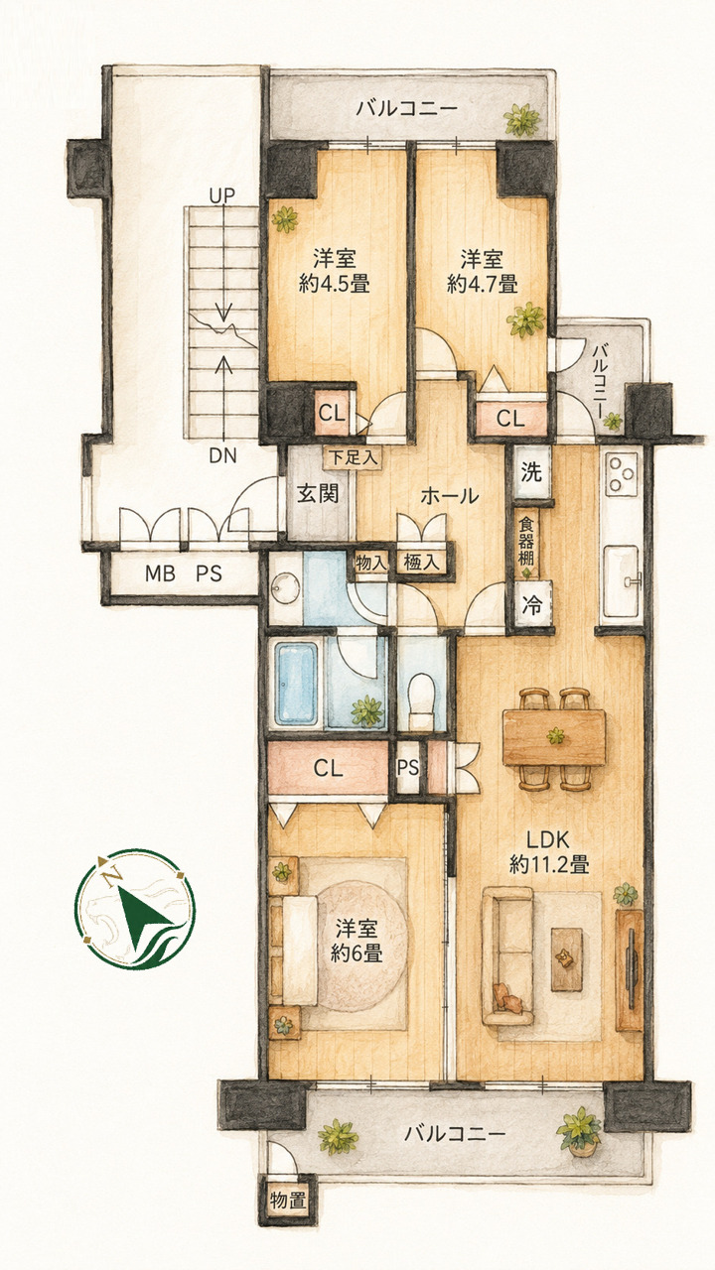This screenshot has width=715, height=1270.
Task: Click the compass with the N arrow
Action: (x=135, y=909)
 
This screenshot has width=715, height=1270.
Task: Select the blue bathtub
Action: (x=296, y=684)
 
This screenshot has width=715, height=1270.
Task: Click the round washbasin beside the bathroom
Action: (x=285, y=589)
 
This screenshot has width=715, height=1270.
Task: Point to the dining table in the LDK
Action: (x=554, y=737)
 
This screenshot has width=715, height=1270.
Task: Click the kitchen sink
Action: (x=622, y=581)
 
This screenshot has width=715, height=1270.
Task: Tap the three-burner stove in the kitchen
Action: (x=622, y=474)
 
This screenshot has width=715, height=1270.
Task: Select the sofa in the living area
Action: (x=507, y=955)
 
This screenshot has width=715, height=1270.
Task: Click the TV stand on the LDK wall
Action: (x=630, y=970)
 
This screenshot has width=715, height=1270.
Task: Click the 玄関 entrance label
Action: (x=318, y=493)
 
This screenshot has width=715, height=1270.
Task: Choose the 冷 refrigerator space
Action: (x=531, y=606)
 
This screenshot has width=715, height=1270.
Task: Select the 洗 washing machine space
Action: (x=531, y=471)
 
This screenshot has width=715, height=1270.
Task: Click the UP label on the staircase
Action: (x=221, y=195)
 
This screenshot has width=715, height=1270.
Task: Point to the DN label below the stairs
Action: (x=222, y=455)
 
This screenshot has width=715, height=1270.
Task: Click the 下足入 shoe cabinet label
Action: (x=354, y=457)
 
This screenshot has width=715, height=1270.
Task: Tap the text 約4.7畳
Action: (x=482, y=284)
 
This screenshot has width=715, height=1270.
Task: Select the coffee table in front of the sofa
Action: (x=567, y=959)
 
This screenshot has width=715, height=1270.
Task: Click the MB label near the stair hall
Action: (x=160, y=573)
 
